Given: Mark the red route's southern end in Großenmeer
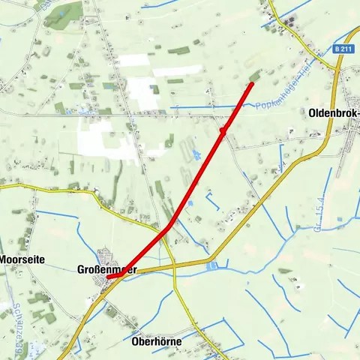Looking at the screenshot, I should tap(109, 277).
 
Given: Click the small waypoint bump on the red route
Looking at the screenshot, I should tap(223, 132).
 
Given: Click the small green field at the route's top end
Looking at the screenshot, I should tap(256, 75).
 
